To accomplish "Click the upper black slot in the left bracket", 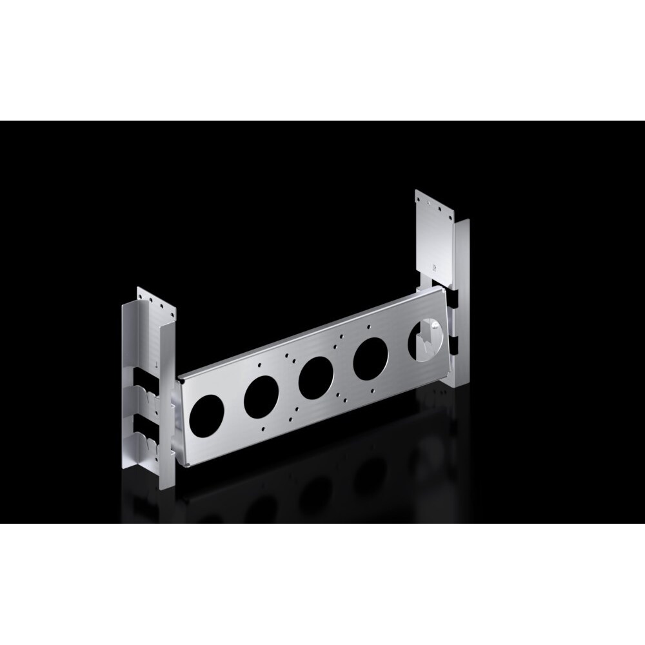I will [144, 379].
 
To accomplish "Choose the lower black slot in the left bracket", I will [144, 426].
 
